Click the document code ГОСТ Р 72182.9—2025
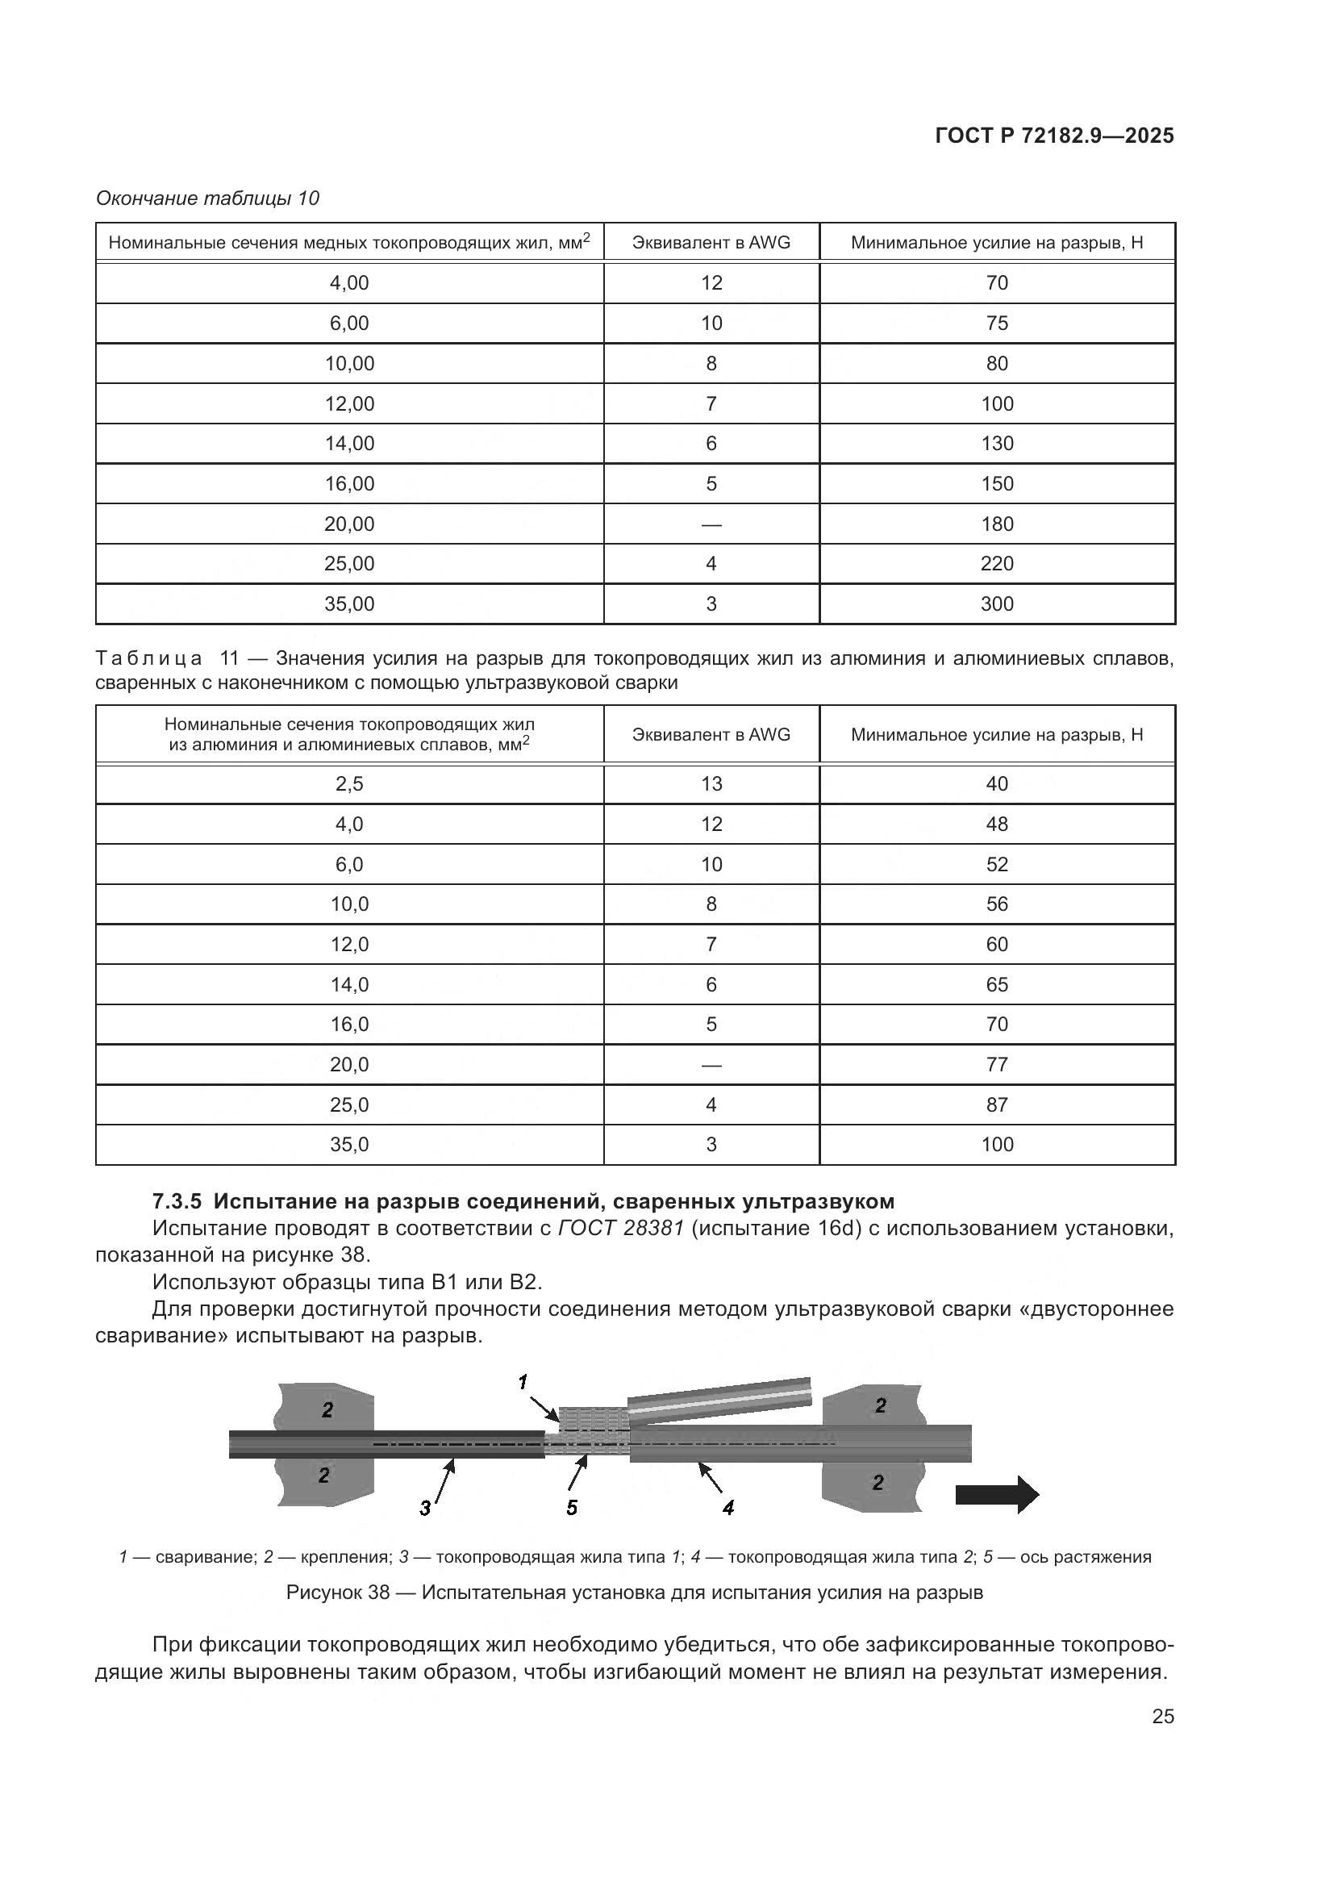tap(1054, 136)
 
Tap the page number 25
tap(1162, 1716)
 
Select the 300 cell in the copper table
tap(996, 604)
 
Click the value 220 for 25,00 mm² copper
tap(996, 564)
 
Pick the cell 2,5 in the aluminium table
tap(349, 784)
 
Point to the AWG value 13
tap(711, 784)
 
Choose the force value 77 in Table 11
tap(996, 1065)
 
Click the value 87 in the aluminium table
tap(996, 1105)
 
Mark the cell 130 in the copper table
tap(996, 444)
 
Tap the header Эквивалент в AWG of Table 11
tap(711, 735)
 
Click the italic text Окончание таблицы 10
tap(207, 198)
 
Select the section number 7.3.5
tap(177, 1201)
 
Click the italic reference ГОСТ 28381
tap(621, 1229)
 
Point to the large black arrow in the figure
tap(996, 1494)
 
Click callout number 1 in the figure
tap(523, 1383)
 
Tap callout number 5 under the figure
tap(572, 1507)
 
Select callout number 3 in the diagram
tap(425, 1508)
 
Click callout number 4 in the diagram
tap(727, 1507)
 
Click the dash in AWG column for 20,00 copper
tap(711, 524)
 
